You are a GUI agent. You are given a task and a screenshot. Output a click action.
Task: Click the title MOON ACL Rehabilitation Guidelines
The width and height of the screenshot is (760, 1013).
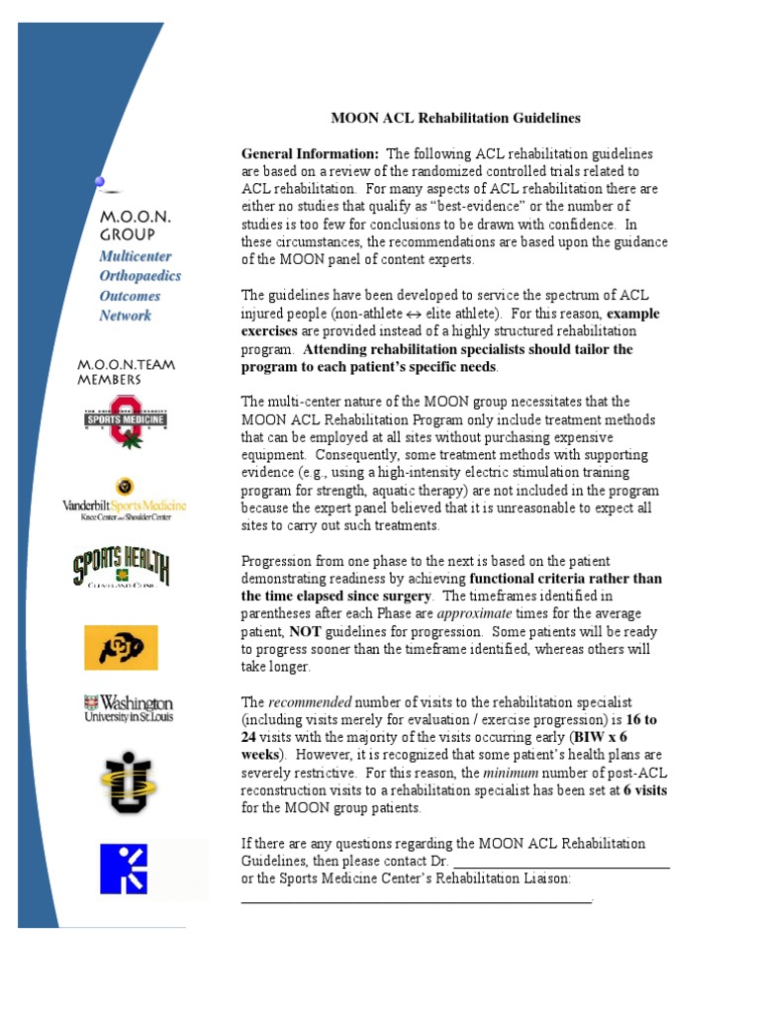[x=455, y=118]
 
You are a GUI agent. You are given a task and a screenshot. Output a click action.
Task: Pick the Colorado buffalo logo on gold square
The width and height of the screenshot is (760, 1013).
[x=121, y=648]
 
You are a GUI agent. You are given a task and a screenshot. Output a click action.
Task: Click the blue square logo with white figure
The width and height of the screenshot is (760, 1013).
[x=124, y=870]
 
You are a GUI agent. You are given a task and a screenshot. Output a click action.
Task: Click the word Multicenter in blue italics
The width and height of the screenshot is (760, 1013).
[x=136, y=256]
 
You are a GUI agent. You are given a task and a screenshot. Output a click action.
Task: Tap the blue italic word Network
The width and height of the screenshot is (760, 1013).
[x=126, y=316]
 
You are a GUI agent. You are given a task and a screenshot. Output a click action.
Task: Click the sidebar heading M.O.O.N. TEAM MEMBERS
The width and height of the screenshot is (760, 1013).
[x=127, y=372]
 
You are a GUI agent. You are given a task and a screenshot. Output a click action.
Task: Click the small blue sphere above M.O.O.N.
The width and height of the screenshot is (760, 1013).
[x=99, y=180]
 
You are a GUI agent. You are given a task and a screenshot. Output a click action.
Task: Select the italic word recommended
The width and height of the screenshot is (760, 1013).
[x=308, y=701]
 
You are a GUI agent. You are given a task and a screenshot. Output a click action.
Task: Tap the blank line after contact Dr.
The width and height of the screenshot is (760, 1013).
[x=560, y=861]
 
